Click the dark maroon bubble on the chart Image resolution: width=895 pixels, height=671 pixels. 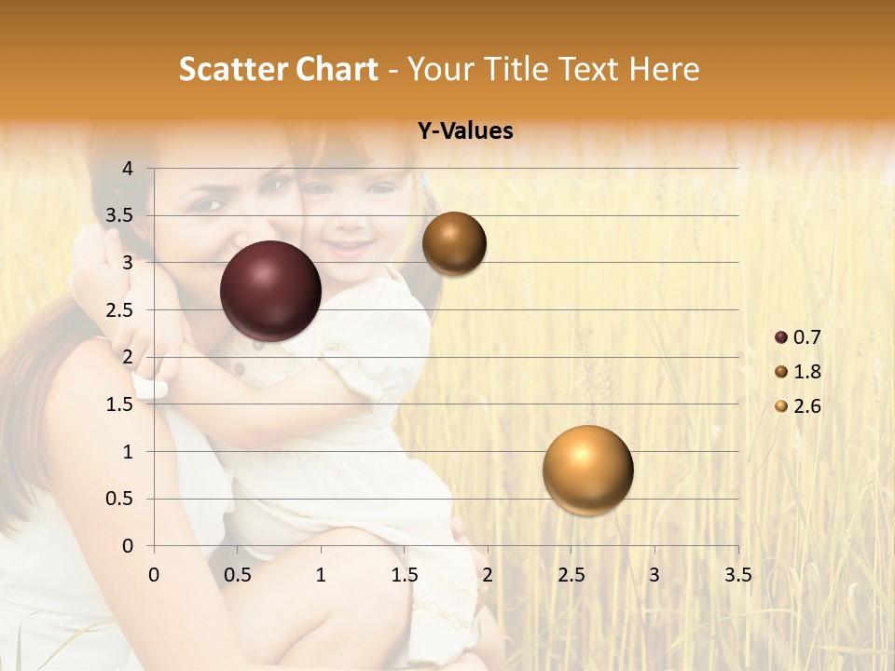(x=271, y=291)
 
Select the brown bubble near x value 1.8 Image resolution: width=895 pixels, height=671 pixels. (x=454, y=243)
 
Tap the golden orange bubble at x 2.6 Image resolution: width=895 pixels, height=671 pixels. (x=587, y=470)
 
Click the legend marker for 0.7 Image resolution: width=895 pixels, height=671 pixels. (x=781, y=337)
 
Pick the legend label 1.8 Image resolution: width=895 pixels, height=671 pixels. (x=806, y=372)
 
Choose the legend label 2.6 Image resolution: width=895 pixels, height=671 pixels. (x=806, y=406)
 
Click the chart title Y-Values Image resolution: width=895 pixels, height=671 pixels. (x=465, y=131)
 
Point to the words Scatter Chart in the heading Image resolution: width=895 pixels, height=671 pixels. (x=278, y=69)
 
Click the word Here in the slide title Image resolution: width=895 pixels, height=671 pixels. (x=664, y=69)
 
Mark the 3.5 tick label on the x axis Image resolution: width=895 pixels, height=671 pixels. (x=737, y=575)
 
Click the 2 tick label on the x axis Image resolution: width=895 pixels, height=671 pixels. (x=488, y=575)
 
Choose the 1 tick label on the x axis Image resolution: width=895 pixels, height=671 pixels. (x=321, y=575)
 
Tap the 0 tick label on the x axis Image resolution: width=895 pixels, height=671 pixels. (x=154, y=575)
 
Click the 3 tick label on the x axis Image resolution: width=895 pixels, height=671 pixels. (x=654, y=575)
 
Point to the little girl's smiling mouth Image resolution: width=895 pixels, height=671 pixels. (x=346, y=249)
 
